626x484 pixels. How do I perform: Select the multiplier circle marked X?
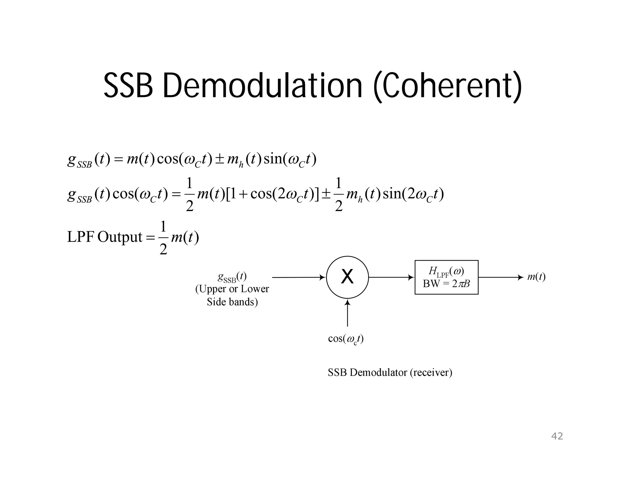point(347,277)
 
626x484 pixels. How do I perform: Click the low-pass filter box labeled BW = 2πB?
point(446,277)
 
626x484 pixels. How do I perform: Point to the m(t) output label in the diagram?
point(536,277)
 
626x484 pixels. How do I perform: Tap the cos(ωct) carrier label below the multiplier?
point(345,339)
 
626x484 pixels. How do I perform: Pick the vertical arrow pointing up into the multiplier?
point(347,313)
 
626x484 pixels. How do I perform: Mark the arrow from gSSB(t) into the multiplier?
point(298,277)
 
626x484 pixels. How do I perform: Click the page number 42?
point(557,436)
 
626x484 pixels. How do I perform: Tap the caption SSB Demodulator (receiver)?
point(390,373)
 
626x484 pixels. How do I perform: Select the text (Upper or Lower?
point(232,289)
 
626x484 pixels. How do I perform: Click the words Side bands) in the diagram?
point(232,302)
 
